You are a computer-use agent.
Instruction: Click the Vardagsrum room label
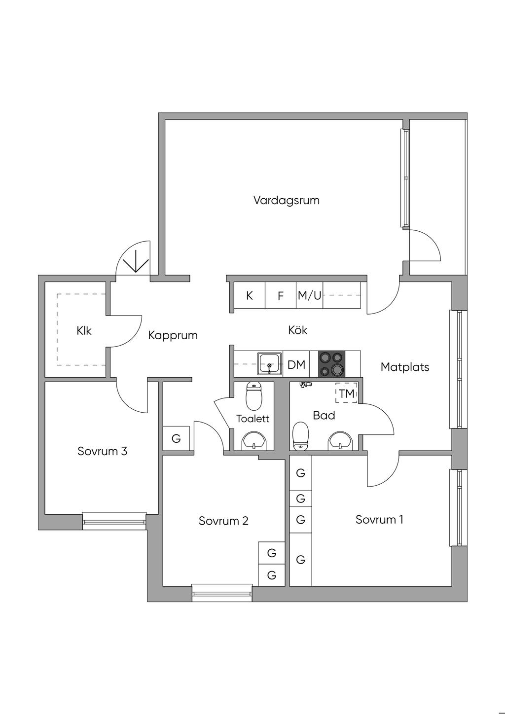pos(287,201)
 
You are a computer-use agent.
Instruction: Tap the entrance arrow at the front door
pos(136,261)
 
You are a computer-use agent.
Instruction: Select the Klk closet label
pos(84,330)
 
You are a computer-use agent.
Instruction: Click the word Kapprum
pos(173,335)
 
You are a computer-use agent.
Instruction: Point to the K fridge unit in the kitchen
pos(250,295)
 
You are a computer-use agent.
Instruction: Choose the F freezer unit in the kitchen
pos(281,295)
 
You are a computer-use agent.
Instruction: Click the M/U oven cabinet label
pos(309,295)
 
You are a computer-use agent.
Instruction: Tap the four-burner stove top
pos(331,364)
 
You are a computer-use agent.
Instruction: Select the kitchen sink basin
pos(270,363)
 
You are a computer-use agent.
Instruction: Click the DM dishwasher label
pos(296,365)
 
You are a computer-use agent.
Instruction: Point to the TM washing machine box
pos(346,393)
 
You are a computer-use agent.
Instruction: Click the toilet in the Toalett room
pos(254,396)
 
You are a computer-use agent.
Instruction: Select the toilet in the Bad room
pos(300,436)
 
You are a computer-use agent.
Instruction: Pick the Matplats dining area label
pos(404,367)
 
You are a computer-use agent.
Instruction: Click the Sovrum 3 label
pos(103,451)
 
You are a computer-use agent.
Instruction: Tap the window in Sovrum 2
pos(222,593)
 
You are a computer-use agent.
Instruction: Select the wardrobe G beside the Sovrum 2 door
pos(176,438)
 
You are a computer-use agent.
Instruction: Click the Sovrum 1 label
pos(379,520)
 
